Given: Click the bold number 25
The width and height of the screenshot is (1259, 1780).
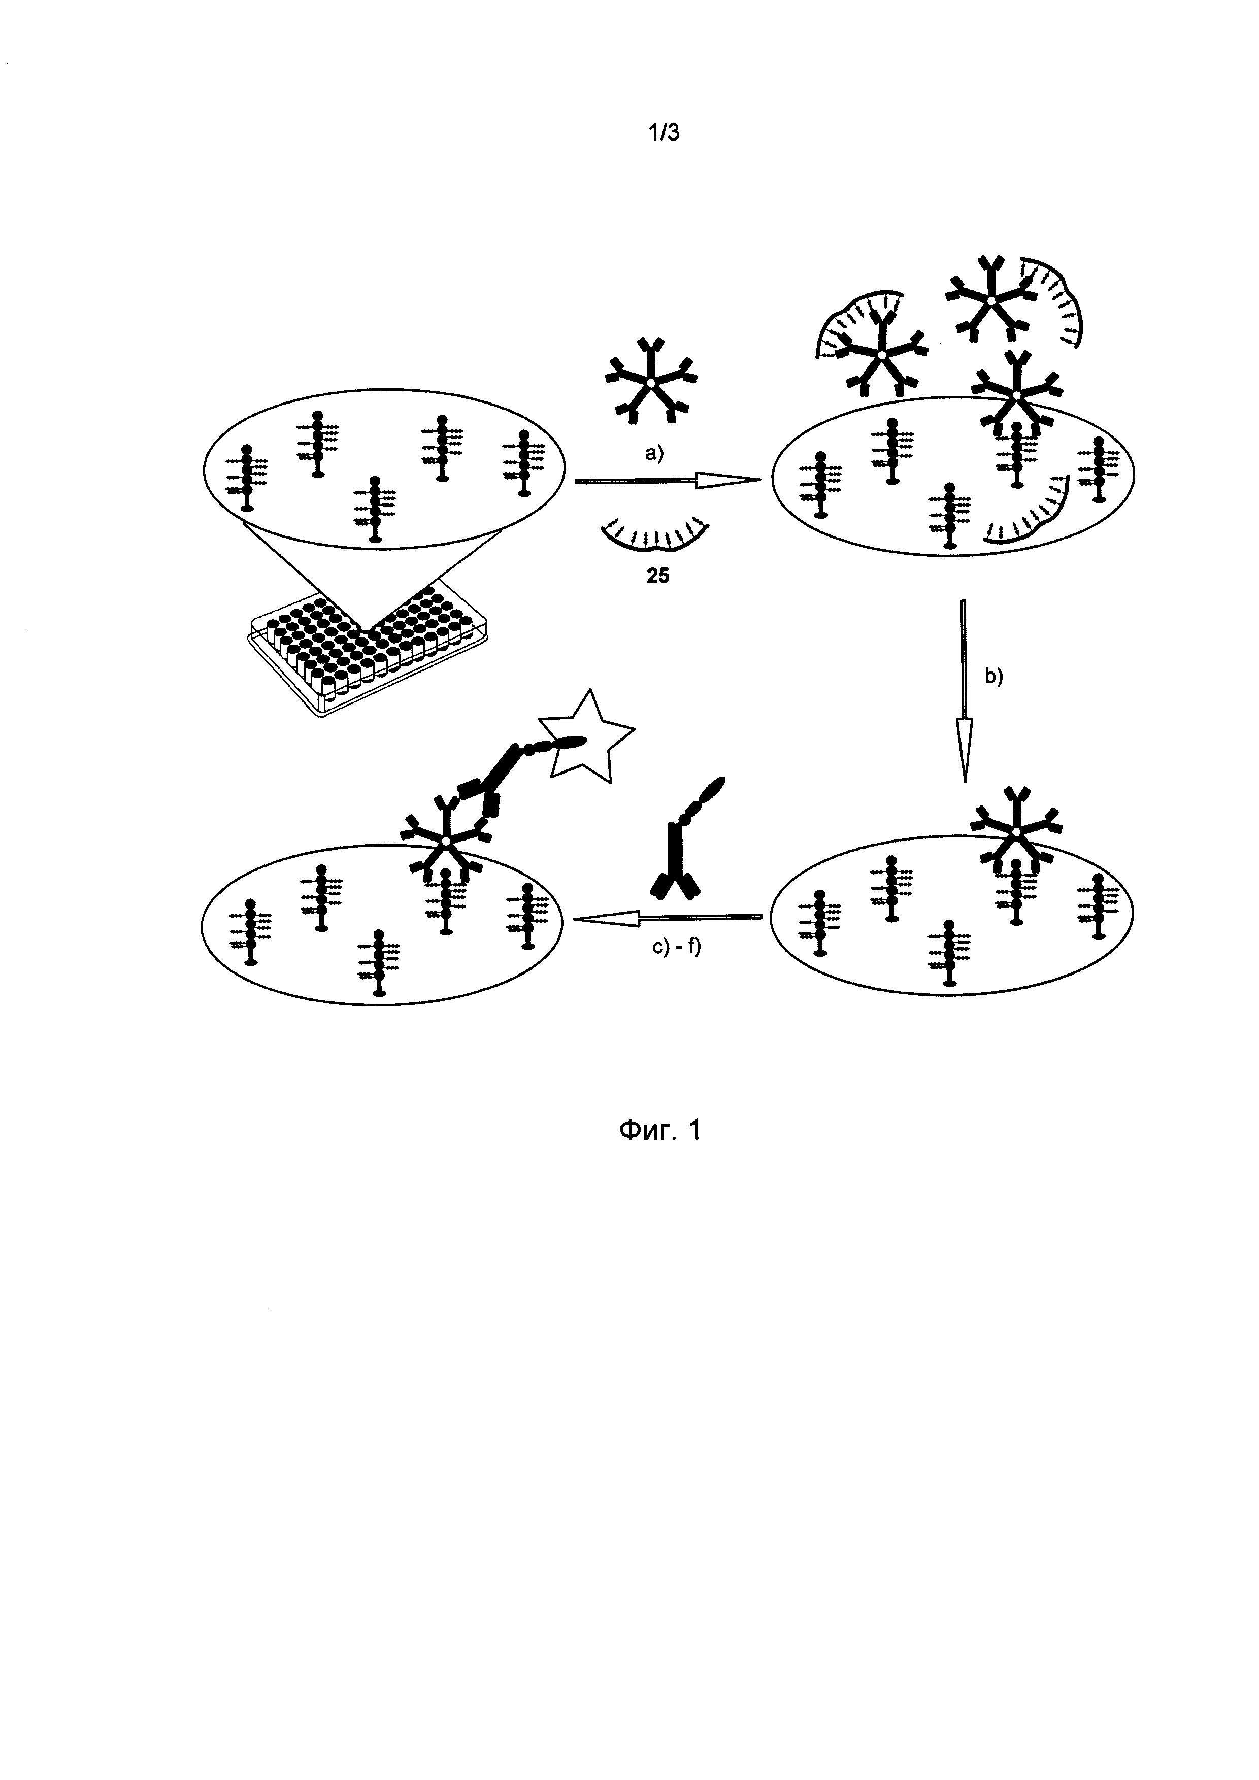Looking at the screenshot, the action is (x=657, y=576).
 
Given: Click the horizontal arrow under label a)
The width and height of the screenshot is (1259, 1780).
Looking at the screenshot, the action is (x=668, y=482).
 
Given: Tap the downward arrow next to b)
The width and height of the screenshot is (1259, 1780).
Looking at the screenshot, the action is (x=964, y=691).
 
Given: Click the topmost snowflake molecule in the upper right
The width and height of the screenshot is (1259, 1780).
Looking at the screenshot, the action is (x=991, y=298).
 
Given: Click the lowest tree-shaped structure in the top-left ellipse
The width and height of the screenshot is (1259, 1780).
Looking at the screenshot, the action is (x=375, y=510).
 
